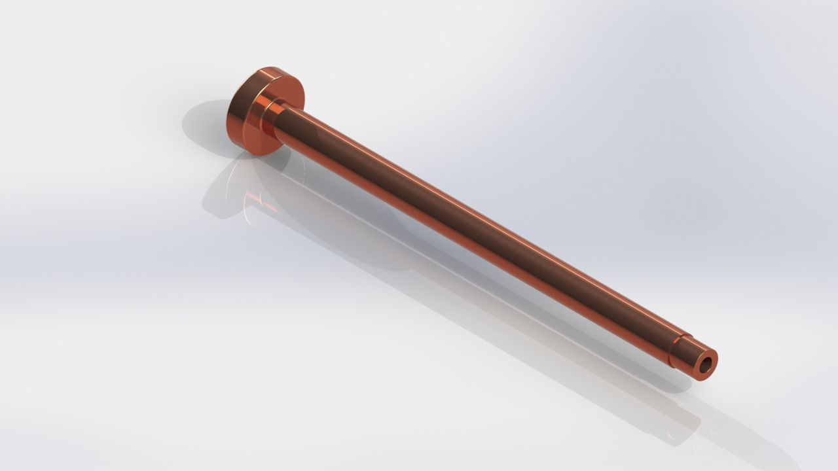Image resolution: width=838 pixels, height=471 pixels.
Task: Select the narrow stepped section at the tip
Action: coord(687,357)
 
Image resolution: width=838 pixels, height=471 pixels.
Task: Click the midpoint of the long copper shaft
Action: coord(478,232)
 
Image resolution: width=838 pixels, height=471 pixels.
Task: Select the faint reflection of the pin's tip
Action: coord(681,419)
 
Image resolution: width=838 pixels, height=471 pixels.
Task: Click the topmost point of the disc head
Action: coord(278,67)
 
